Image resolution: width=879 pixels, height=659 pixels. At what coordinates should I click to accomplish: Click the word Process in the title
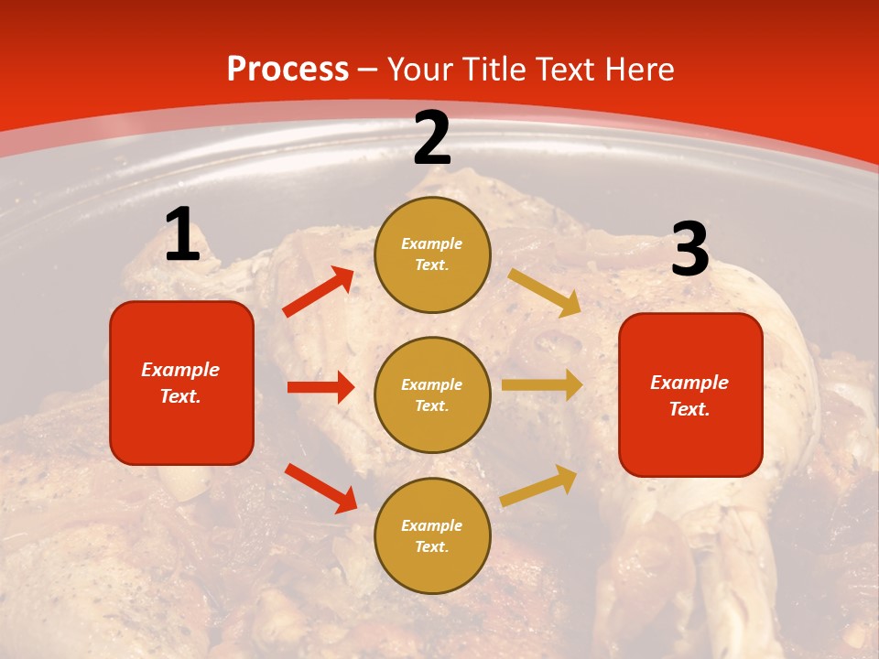coord(288,70)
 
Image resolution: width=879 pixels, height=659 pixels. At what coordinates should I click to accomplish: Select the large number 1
coord(182,235)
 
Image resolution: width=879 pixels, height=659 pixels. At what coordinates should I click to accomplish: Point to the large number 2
coord(432,138)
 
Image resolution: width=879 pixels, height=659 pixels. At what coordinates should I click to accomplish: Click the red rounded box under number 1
coord(181,383)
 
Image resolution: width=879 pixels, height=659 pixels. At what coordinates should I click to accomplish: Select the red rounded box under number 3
coord(690,394)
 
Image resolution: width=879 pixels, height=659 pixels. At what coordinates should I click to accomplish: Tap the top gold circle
coord(432,254)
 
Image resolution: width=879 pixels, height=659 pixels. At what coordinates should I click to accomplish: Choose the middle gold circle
coord(432,394)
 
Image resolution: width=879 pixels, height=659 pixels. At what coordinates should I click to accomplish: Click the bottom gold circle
coord(432,535)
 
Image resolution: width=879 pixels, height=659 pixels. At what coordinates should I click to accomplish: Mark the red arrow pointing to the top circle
coord(319,292)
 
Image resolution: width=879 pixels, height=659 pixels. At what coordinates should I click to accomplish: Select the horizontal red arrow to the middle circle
coord(320,387)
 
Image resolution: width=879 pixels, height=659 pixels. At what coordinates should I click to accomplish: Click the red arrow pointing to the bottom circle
coord(321,488)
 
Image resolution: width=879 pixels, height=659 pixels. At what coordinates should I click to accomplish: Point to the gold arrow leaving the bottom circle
coord(539,486)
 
